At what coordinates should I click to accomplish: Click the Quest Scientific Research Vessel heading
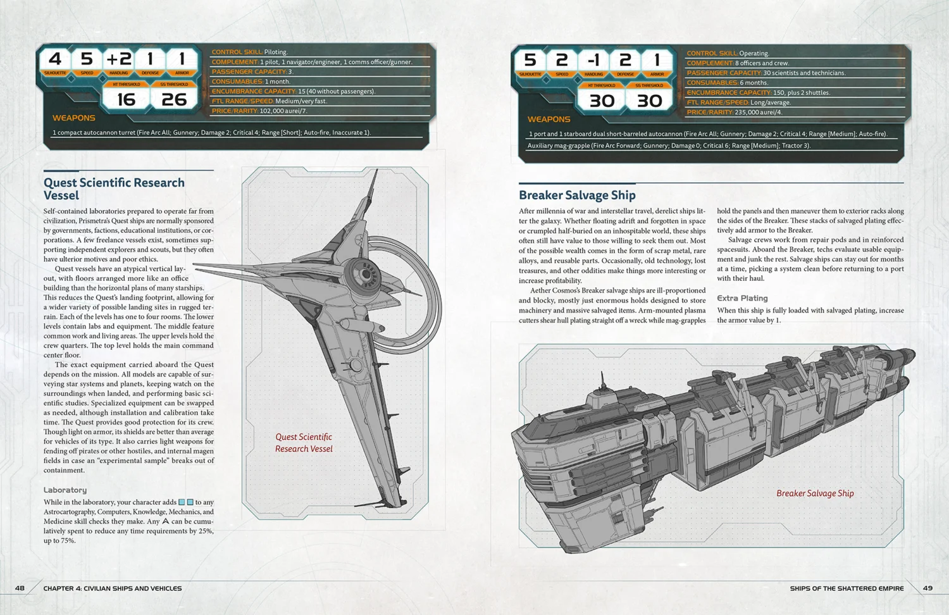(114, 189)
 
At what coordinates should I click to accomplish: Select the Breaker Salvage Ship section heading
(577, 196)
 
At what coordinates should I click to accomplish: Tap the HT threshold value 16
(127, 100)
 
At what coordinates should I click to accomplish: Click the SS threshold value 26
(174, 100)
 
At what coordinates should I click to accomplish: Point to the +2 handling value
(119, 59)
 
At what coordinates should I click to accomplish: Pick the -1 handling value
(593, 60)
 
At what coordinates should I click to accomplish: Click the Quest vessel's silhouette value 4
(55, 59)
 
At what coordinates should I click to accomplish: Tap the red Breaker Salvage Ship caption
(815, 494)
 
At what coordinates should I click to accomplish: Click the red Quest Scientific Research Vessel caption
(304, 443)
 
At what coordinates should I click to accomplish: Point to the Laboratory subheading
(65, 490)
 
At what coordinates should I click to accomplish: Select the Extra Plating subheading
(742, 298)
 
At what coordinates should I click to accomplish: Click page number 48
(20, 588)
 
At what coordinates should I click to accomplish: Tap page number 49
(927, 588)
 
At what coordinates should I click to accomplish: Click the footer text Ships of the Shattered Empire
(847, 588)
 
